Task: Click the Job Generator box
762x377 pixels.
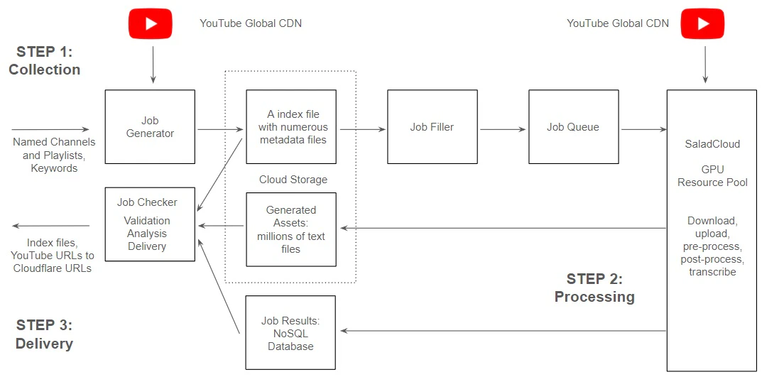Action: coord(150,127)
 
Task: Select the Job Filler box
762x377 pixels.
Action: coord(432,127)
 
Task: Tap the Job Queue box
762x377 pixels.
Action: coord(572,127)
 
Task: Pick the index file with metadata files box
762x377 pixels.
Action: coord(291,127)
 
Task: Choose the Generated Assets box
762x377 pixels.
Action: coord(291,229)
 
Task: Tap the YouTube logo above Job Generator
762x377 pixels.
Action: coord(151,23)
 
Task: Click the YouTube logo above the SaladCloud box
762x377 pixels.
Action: coord(703,23)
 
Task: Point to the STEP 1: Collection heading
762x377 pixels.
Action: coord(44,61)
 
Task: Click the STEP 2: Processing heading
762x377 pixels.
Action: coord(594,288)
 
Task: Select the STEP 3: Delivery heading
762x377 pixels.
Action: coord(44,334)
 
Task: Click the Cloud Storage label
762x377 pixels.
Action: coord(293,180)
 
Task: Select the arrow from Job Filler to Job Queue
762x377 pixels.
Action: coord(504,129)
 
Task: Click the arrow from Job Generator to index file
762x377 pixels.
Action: coord(220,129)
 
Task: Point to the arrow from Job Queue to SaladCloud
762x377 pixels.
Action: coord(643,129)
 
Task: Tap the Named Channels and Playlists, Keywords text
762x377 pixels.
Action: coord(54,155)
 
